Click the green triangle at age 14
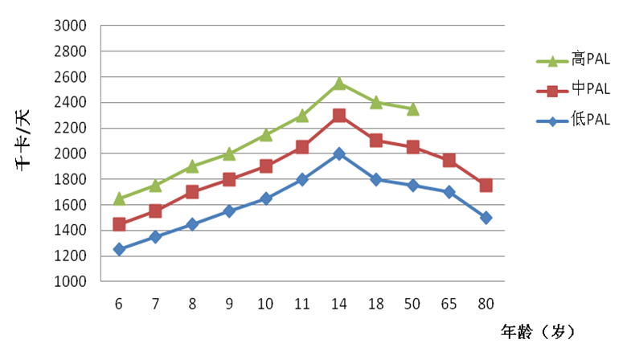339,83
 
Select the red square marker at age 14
339,116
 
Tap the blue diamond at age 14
339,153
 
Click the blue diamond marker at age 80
486,218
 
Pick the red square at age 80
486,186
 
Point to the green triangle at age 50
412,109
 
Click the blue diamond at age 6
119,249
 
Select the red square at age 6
119,224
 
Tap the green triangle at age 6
119,198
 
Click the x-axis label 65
449,303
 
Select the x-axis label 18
375,303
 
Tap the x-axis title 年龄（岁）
538,331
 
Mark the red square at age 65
449,161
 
